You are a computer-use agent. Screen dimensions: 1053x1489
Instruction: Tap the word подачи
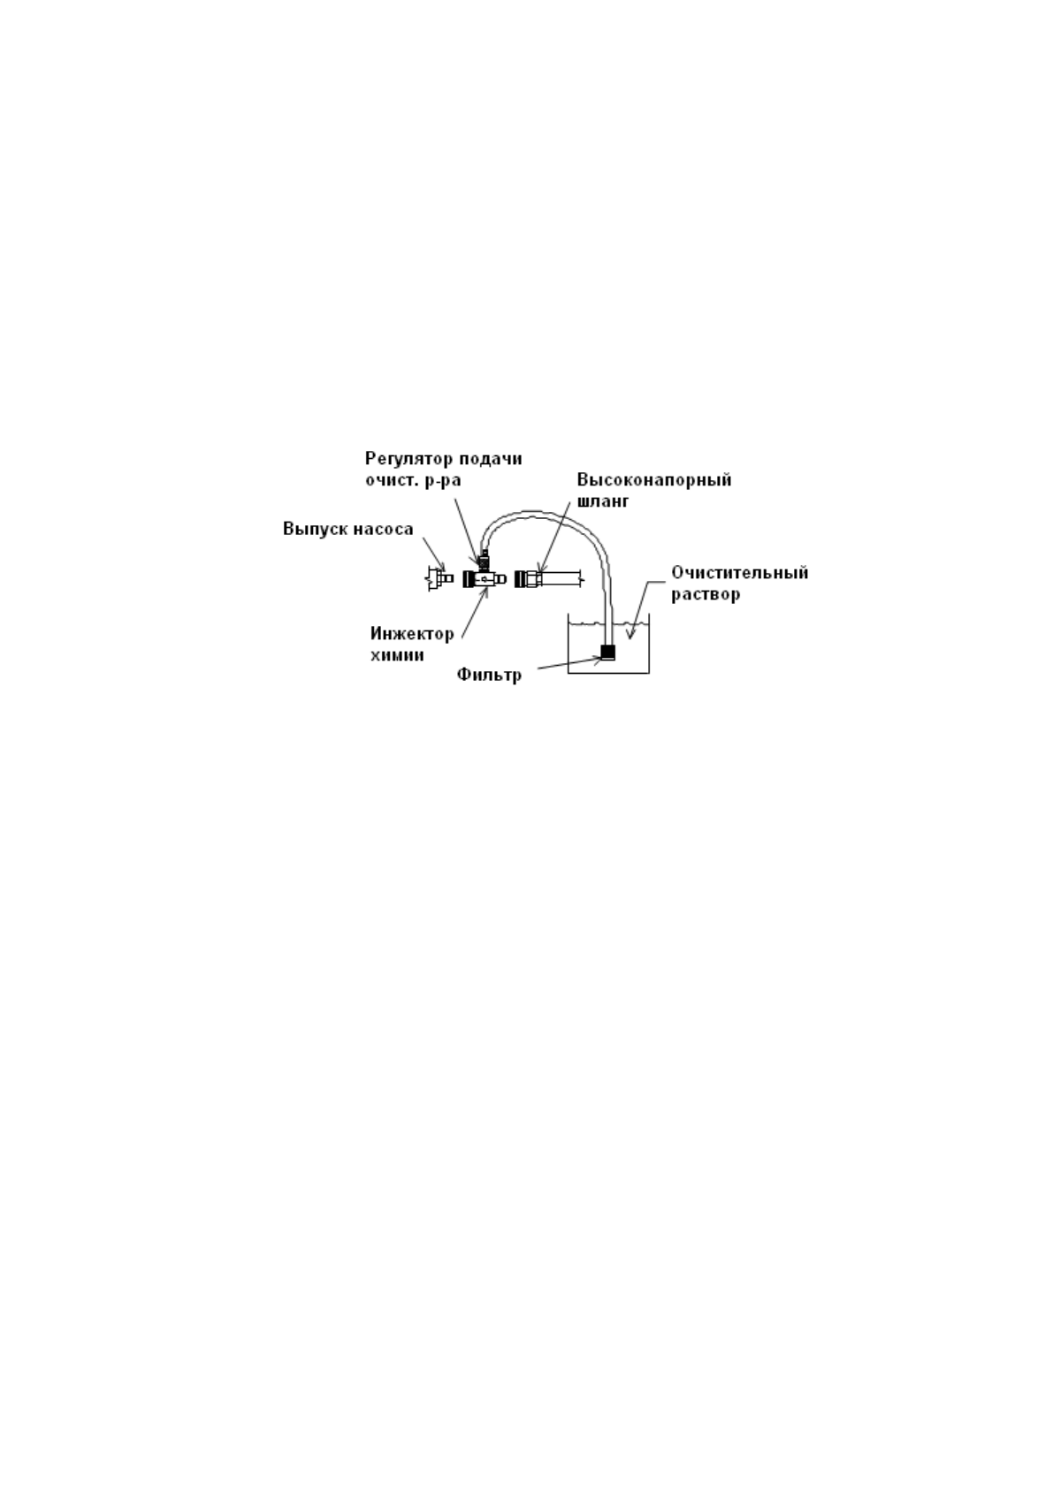tap(492, 459)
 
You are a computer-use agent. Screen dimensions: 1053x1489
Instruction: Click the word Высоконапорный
tap(654, 480)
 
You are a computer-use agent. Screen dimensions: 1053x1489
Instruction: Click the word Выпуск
tap(310, 530)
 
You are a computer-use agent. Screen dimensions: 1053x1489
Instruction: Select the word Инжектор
tap(412, 634)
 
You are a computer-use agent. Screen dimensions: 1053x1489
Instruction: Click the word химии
tap(397, 655)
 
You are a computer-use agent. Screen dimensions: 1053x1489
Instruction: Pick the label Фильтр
tap(489, 676)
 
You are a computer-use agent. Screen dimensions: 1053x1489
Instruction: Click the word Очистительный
tap(739, 573)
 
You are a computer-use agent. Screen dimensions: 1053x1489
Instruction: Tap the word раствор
tap(706, 594)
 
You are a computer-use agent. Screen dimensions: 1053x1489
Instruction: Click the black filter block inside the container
tap(607, 653)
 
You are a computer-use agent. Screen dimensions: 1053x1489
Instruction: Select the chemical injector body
tap(483, 578)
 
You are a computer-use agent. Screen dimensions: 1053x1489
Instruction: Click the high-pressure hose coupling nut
tap(528, 578)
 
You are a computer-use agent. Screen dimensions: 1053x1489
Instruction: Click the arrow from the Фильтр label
tap(566, 666)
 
